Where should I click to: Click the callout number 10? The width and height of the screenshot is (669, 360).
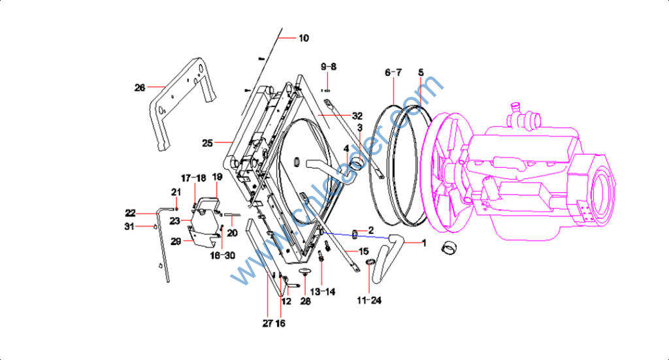pyautogui.click(x=304, y=38)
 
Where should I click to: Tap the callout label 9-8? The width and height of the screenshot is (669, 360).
pyautogui.click(x=328, y=67)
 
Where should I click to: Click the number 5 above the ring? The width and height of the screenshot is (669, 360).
pyautogui.click(x=421, y=72)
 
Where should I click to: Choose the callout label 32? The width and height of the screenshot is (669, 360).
pyautogui.click(x=357, y=116)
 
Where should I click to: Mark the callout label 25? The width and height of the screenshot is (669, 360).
pyautogui.click(x=208, y=142)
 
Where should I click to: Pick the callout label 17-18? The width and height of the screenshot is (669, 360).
pyautogui.click(x=193, y=178)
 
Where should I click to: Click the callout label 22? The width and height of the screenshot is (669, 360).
pyautogui.click(x=130, y=212)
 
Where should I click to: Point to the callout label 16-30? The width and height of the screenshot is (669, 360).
pyautogui.click(x=223, y=255)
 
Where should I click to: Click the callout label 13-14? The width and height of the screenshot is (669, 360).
pyautogui.click(x=322, y=291)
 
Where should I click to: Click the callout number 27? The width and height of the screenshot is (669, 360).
pyautogui.click(x=267, y=323)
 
